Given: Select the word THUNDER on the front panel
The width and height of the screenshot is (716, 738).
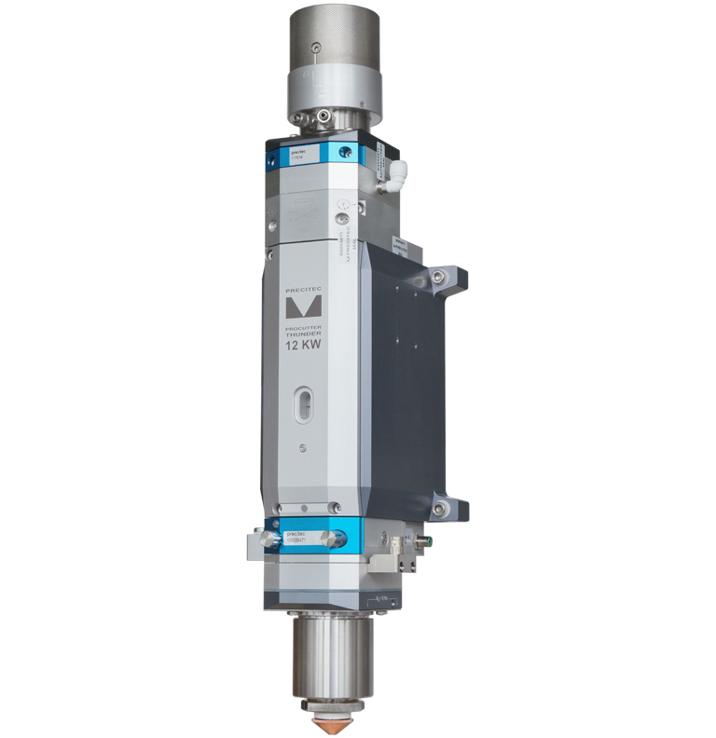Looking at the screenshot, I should tap(302, 335).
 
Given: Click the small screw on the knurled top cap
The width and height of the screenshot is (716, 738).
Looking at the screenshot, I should tap(317, 48).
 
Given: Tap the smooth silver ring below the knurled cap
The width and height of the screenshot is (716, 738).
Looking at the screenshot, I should tap(334, 93).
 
